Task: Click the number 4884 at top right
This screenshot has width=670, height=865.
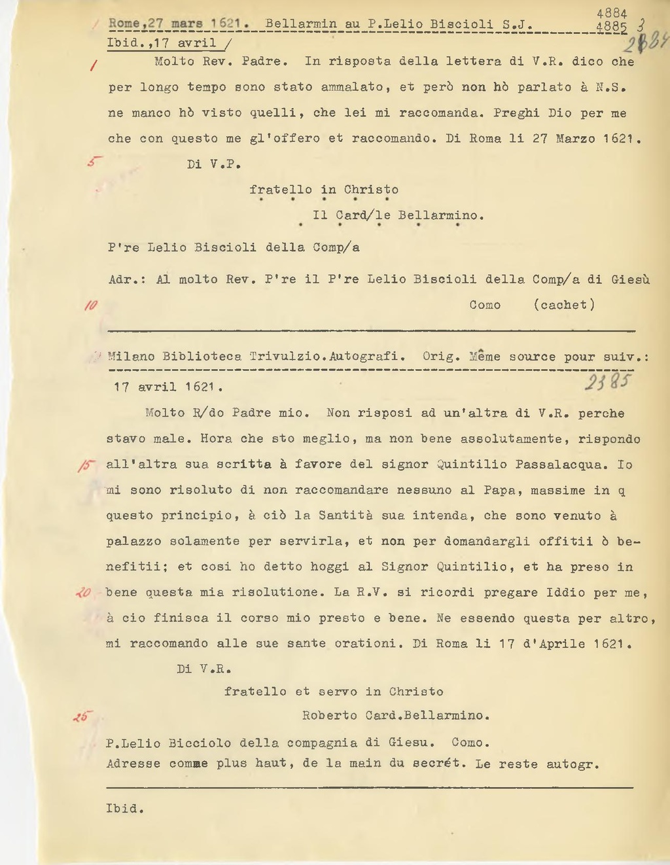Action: click(612, 14)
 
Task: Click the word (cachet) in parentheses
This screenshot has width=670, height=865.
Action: click(564, 305)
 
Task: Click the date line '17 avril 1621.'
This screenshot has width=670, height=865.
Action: click(168, 387)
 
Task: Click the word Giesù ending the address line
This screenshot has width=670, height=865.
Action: click(630, 279)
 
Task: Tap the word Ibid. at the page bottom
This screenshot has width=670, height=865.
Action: click(124, 809)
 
